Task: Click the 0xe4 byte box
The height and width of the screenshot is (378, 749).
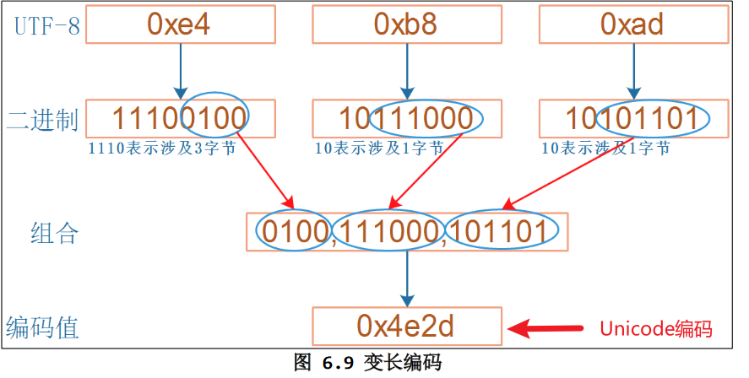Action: [179, 24]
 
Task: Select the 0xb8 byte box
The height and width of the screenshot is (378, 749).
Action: [405, 24]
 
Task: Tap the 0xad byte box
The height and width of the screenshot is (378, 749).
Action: [632, 24]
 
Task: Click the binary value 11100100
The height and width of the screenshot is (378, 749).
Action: [179, 118]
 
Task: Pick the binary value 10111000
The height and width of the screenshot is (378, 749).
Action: [405, 118]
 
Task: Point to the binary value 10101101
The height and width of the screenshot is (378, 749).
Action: [632, 118]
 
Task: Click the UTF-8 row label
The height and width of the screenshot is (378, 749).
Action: [46, 25]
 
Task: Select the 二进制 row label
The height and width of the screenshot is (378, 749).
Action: [42, 119]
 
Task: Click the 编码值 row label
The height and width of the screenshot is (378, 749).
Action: [42, 327]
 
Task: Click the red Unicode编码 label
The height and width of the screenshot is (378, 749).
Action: [655, 328]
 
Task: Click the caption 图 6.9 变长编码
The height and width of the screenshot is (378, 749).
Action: [366, 364]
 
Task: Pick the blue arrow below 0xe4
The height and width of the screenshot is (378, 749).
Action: [179, 71]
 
